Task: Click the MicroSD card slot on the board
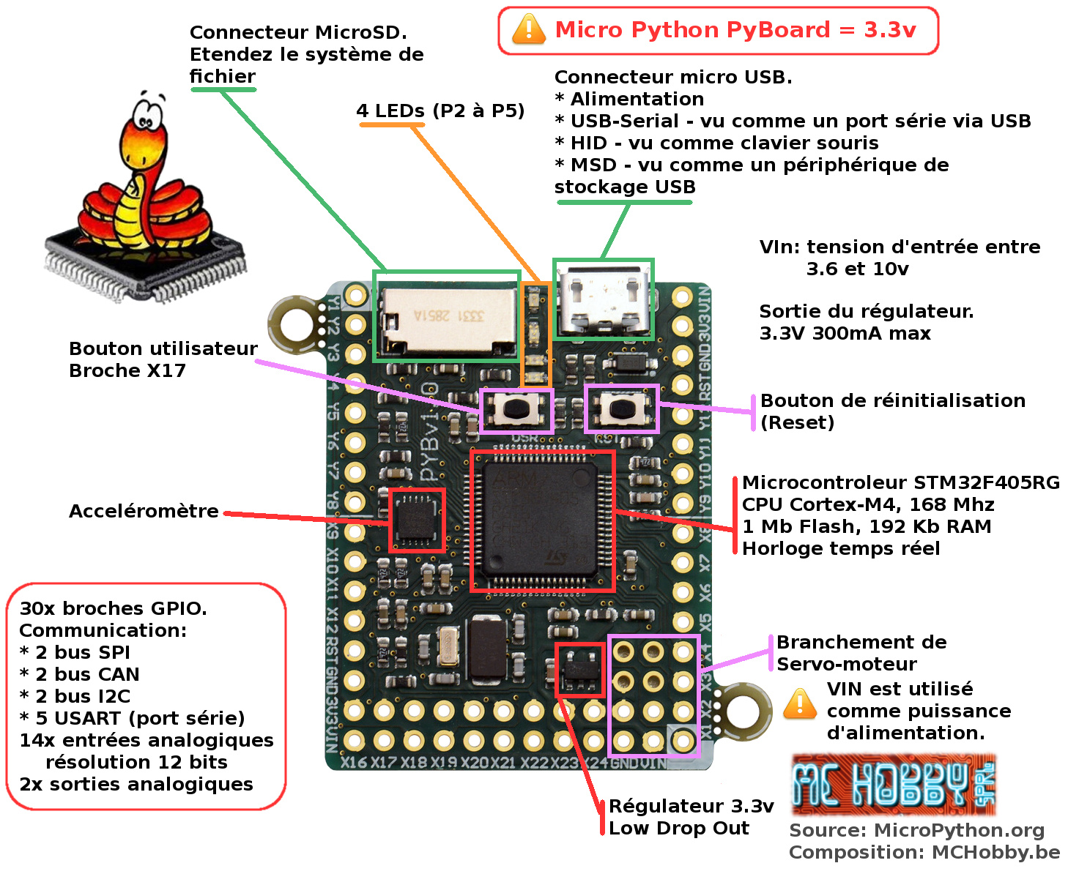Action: (x=445, y=316)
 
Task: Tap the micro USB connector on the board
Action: (x=603, y=299)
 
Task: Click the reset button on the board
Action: (x=622, y=408)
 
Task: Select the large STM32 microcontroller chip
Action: (x=542, y=520)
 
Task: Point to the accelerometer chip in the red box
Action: (x=416, y=520)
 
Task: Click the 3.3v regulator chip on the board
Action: (x=579, y=669)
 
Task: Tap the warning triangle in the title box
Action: (x=528, y=30)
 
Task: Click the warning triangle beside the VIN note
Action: (x=799, y=704)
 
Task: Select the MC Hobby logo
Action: (x=893, y=785)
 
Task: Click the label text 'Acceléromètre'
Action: (x=144, y=511)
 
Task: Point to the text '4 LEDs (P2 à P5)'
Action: (x=440, y=111)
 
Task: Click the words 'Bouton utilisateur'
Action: (x=163, y=348)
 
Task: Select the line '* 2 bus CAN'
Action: (x=79, y=674)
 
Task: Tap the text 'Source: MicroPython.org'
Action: (x=916, y=830)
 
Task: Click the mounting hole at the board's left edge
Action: (x=297, y=323)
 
